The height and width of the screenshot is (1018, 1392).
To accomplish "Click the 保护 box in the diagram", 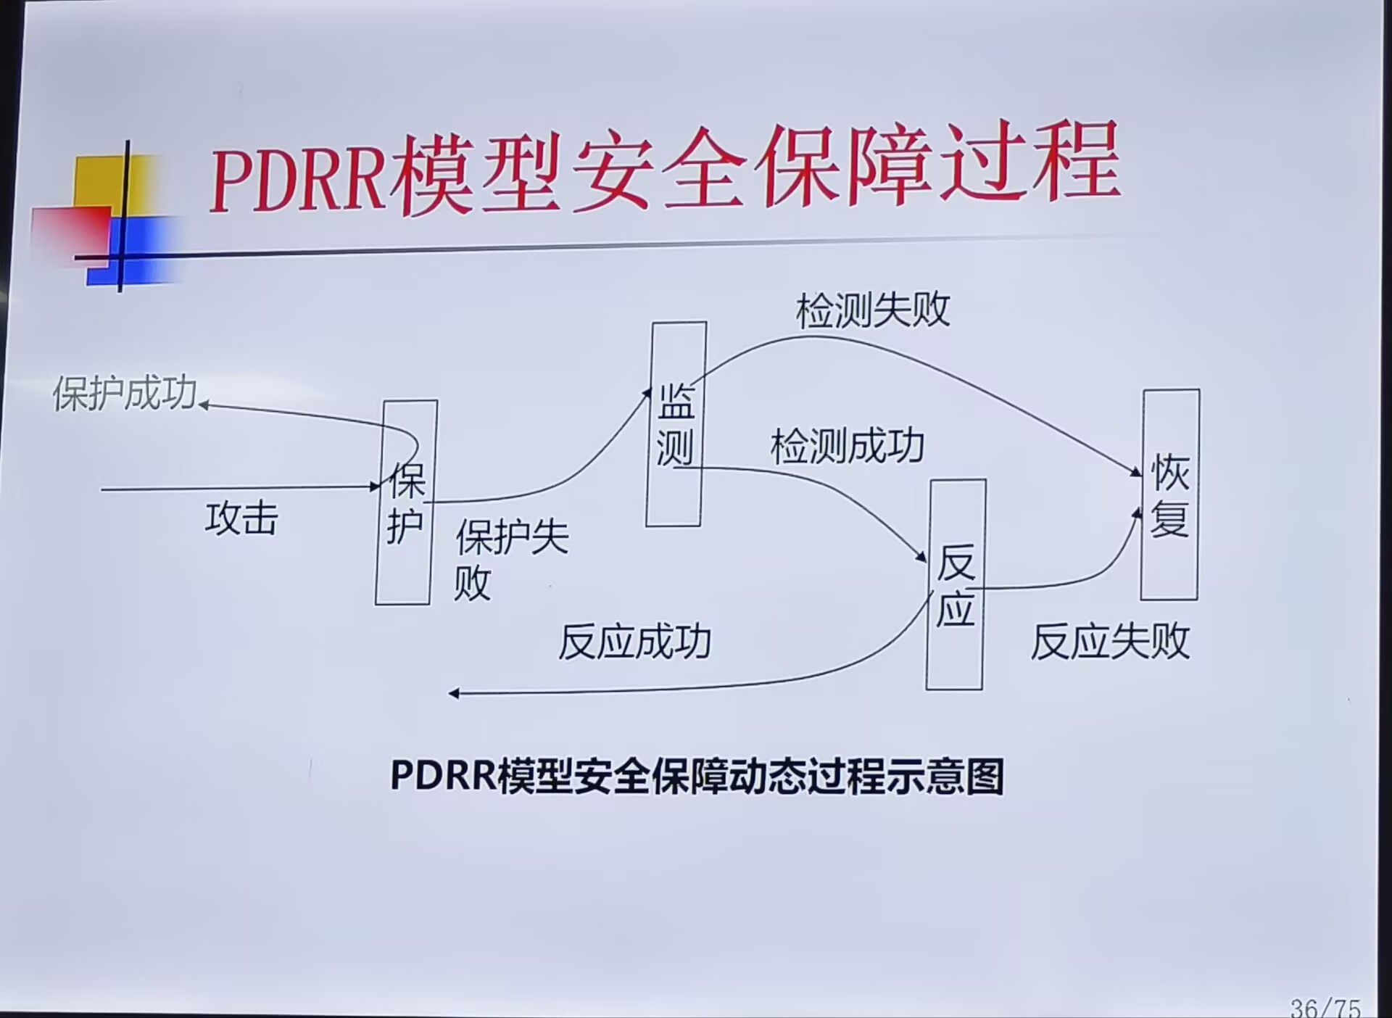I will pyautogui.click(x=406, y=502).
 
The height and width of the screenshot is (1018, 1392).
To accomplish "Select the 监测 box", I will pyautogui.click(x=676, y=424).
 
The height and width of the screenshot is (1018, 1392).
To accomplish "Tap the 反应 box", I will pyautogui.click(x=956, y=584).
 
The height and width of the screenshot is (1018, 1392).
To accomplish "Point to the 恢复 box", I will pyautogui.click(x=1169, y=495).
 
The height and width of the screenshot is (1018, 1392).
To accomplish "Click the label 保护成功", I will pyautogui.click(x=125, y=394).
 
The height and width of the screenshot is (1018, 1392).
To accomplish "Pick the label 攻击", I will pyautogui.click(x=241, y=519).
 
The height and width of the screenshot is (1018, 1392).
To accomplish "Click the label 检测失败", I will pyautogui.click(x=872, y=311).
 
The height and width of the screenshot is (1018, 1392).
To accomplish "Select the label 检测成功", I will pyautogui.click(x=847, y=446).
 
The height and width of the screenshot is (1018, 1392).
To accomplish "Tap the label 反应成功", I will pyautogui.click(x=634, y=642).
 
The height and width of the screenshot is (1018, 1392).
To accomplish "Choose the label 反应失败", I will pyautogui.click(x=1110, y=642).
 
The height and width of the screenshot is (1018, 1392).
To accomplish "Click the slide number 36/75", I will pyautogui.click(x=1325, y=1007).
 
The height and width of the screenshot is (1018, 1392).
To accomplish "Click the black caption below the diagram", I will pyautogui.click(x=697, y=777).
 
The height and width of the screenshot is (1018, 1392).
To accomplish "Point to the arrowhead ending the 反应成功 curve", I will pyautogui.click(x=454, y=694).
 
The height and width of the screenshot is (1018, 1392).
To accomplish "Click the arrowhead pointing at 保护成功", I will pyautogui.click(x=204, y=405).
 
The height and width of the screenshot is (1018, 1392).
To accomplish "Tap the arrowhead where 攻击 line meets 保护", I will pyautogui.click(x=376, y=487).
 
